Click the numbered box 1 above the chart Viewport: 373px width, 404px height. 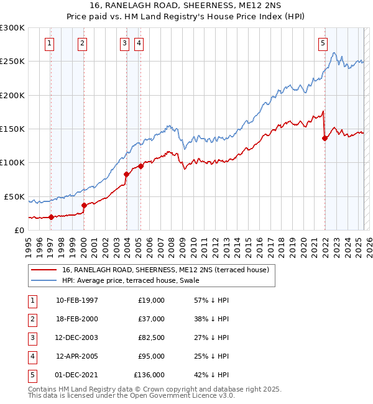(x=49, y=43)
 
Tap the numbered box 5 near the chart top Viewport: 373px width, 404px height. (x=323, y=43)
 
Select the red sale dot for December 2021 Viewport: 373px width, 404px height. (x=325, y=138)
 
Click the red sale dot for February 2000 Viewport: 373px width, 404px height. (x=84, y=204)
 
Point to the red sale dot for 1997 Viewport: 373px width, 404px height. (x=51, y=217)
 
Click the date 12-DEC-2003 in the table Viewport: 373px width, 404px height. (x=76, y=337)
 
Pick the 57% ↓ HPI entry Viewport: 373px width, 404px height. (x=211, y=300)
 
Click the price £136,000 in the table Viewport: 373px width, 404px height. (x=149, y=375)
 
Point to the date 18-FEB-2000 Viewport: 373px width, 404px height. (x=76, y=319)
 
